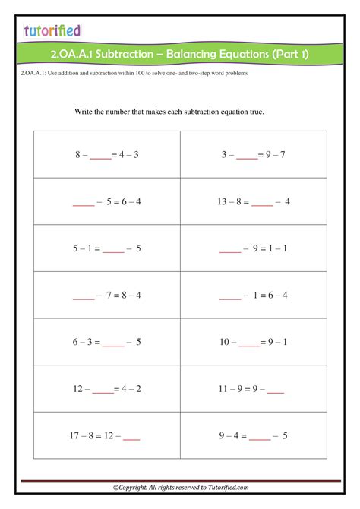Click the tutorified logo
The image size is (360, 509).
click(x=51, y=30)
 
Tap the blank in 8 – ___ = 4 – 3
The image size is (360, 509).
click(x=100, y=157)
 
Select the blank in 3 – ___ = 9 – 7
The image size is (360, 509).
click(x=247, y=157)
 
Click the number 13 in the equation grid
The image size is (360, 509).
click(x=222, y=201)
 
